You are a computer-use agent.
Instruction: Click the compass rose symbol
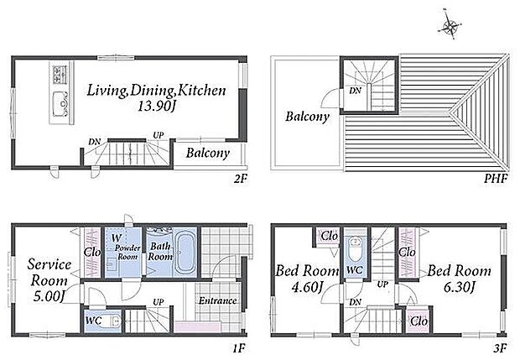[x=450, y=25]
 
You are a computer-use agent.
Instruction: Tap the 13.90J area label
[x=156, y=107]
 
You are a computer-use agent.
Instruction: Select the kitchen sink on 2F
[x=60, y=103]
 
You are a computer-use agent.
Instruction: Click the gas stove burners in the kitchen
[x=60, y=75]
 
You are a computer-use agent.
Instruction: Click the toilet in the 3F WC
[x=355, y=250]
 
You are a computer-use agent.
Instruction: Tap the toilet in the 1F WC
[x=112, y=321]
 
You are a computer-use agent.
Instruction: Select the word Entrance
[x=217, y=300]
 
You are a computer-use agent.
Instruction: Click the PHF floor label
[x=495, y=179]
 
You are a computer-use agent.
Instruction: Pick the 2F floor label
[x=241, y=179]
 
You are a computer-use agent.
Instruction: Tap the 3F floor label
[x=500, y=348]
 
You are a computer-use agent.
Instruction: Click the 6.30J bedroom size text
[x=460, y=287]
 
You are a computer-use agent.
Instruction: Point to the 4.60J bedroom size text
[x=307, y=287]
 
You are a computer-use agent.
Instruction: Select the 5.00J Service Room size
[x=49, y=296]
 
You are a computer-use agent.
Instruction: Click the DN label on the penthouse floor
[x=355, y=91]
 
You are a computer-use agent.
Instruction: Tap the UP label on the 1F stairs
[x=159, y=302]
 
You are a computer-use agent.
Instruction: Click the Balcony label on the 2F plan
[x=208, y=153]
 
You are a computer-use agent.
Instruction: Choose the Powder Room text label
[x=127, y=252]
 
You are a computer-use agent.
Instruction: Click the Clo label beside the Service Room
[x=92, y=252]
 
